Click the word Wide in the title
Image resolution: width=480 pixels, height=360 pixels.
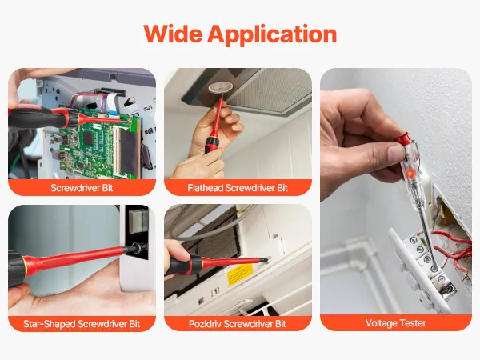point(173,34)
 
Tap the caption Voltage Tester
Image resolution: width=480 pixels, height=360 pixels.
point(396,323)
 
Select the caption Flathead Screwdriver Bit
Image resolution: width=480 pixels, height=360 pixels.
point(238,188)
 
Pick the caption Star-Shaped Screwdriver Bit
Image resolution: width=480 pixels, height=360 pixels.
point(82,323)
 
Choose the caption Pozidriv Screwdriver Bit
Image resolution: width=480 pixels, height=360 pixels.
point(238,323)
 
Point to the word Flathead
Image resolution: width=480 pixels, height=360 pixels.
point(206,188)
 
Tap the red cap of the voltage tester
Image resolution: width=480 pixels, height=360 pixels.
point(403,139)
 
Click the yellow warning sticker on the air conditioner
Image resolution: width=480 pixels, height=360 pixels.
point(240,274)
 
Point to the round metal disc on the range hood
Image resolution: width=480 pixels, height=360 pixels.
point(218,88)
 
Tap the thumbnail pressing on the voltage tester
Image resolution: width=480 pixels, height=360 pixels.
point(397,151)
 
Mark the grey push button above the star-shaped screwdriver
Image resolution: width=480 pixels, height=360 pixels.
point(138,219)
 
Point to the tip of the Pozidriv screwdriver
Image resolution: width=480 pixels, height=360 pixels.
point(266,260)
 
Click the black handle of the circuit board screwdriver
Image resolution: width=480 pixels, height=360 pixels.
point(34,118)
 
